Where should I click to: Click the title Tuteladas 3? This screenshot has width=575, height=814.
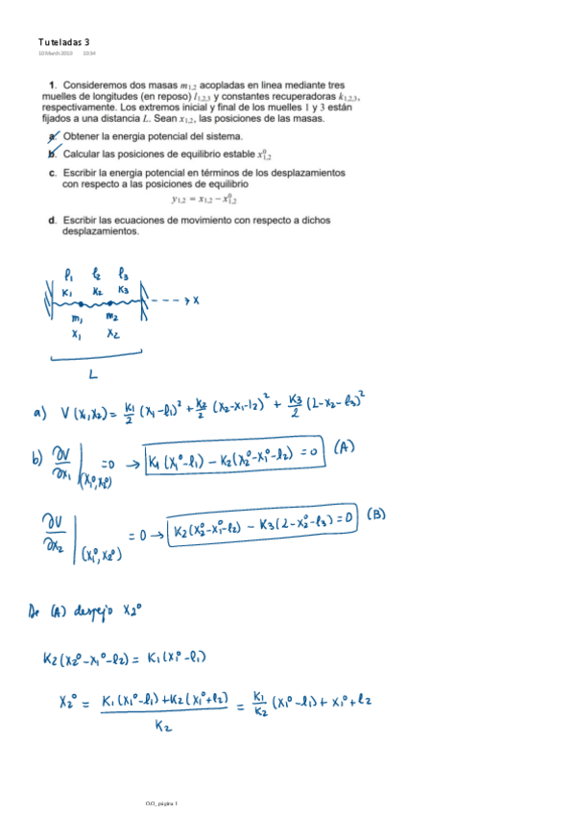[x=63, y=42]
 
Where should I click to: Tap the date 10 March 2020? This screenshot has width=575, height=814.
[x=56, y=53]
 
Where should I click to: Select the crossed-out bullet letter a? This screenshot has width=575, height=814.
[x=52, y=136]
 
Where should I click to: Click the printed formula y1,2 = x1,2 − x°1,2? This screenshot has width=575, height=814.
[x=204, y=200]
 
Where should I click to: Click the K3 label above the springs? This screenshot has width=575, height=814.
[x=123, y=290]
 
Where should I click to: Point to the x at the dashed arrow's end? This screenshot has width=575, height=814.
[x=195, y=300]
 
